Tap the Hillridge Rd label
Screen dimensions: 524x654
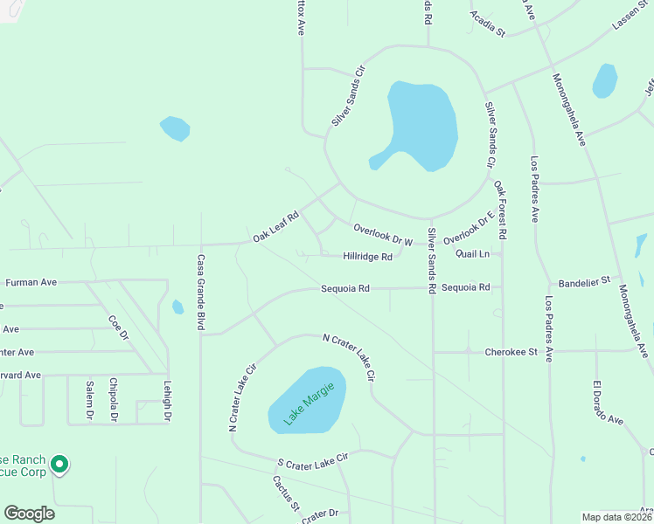click(368, 257)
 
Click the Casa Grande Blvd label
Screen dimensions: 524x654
click(200, 292)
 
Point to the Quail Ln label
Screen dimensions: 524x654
click(472, 253)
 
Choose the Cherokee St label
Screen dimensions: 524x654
click(509, 352)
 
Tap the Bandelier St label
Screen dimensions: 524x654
click(583, 285)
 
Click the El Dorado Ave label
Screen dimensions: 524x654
click(608, 403)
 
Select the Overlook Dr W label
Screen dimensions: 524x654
click(383, 234)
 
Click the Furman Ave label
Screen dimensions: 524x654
click(31, 282)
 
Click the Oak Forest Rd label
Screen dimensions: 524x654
click(501, 210)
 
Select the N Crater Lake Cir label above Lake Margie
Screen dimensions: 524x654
click(349, 355)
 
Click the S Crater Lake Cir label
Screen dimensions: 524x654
click(313, 458)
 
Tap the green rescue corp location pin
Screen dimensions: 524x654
click(59, 465)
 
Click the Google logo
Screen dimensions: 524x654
click(29, 514)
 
